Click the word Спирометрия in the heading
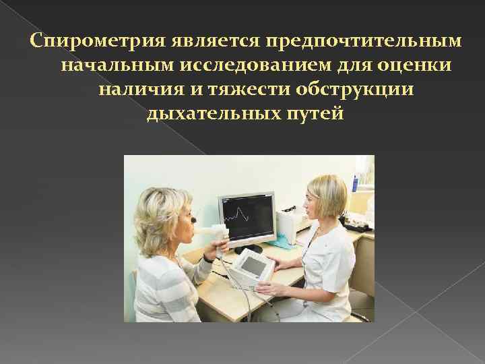[x=90, y=42]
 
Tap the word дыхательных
[x=220, y=114]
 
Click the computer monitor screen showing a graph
[x=247, y=217]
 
